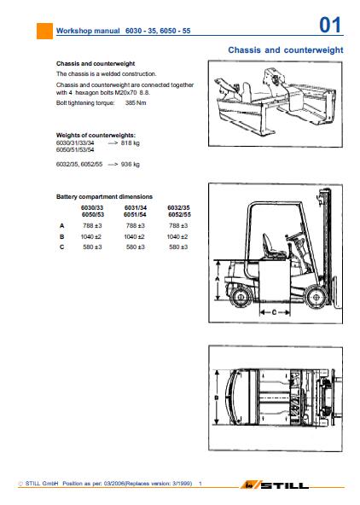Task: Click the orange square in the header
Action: (44, 31)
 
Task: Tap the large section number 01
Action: (330, 25)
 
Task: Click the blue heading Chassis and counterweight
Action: (286, 50)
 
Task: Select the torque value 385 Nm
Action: (136, 103)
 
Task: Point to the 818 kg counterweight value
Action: (130, 143)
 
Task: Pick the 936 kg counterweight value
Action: (130, 165)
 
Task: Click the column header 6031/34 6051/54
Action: (136, 212)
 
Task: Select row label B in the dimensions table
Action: (61, 237)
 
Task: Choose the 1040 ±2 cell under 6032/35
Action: (177, 237)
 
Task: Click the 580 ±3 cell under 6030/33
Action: (92, 247)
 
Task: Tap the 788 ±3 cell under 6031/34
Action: (136, 226)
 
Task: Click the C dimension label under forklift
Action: (275, 312)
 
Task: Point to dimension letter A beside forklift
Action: (217, 279)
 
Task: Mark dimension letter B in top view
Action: (217, 398)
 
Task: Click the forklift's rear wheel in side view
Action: (241, 297)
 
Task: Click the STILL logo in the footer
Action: (276, 485)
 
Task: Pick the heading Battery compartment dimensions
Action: (104, 197)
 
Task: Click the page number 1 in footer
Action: (200, 484)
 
